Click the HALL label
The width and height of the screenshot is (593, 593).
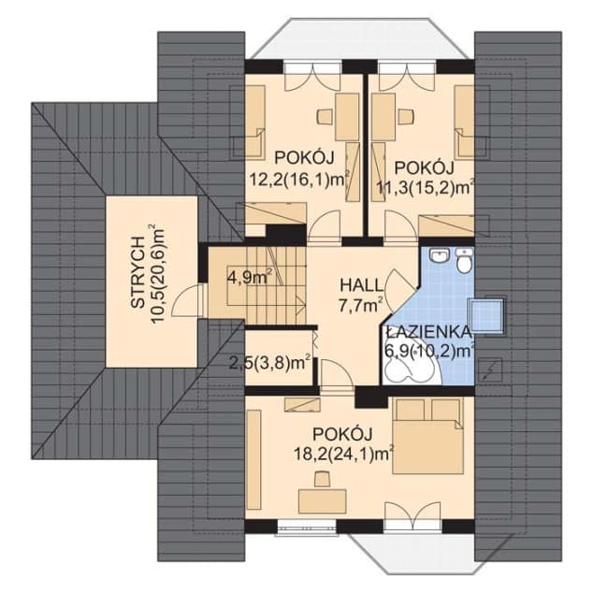coord(362,284)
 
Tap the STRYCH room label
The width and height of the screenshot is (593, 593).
coord(138,274)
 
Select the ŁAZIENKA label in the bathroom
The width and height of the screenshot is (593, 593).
coord(429,332)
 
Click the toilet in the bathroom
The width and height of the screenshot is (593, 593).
coord(463,261)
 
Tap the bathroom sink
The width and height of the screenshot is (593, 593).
coord(439,255)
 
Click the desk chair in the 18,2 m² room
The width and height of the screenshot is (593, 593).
coord(322,478)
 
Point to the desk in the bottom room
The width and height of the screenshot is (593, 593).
coord(322,500)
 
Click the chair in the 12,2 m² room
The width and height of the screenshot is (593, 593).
coord(325,116)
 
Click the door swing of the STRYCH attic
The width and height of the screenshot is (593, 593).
coord(186,301)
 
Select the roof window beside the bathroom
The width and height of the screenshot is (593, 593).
coord(486,316)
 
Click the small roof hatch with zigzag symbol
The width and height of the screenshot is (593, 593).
coord(490,370)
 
